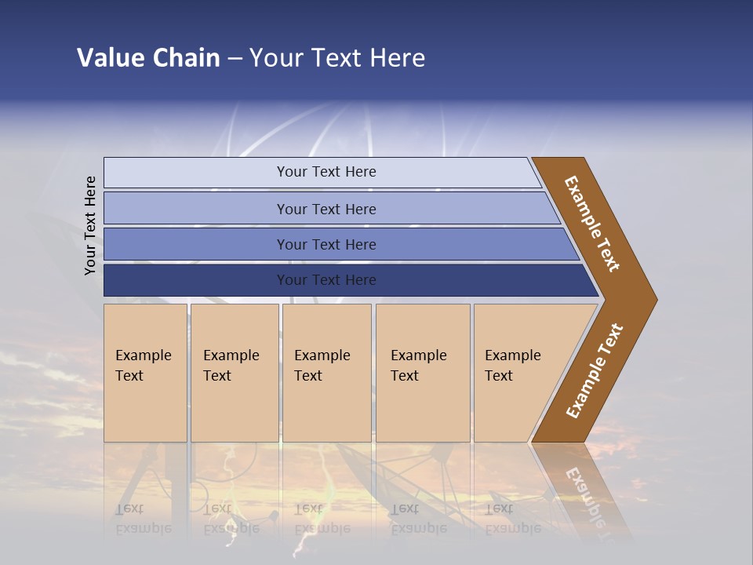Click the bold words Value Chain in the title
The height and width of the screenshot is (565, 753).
pyautogui.click(x=148, y=58)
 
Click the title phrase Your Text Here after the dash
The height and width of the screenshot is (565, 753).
pyautogui.click(x=337, y=58)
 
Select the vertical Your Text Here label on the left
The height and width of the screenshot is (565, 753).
pyautogui.click(x=90, y=226)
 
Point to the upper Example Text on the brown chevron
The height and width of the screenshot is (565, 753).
pyautogui.click(x=592, y=224)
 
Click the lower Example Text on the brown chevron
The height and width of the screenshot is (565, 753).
pyautogui.click(x=595, y=371)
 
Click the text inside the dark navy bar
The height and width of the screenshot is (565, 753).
pyautogui.click(x=326, y=280)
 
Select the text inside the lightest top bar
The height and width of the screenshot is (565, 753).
pyautogui.click(x=326, y=172)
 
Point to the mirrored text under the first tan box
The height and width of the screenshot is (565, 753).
pyautogui.click(x=143, y=519)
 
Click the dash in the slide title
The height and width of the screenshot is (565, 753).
pyautogui.click(x=235, y=59)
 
